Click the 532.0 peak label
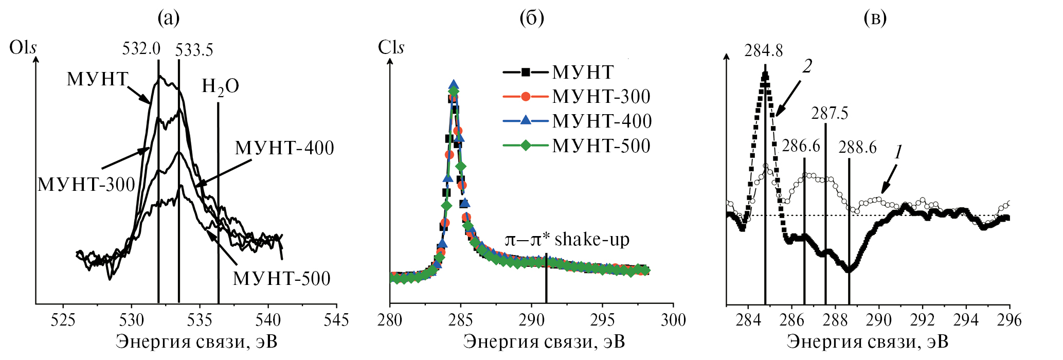[141, 49]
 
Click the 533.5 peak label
[194, 50]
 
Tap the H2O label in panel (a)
[220, 87]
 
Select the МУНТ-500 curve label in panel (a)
[281, 279]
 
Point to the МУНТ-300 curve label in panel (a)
[86, 185]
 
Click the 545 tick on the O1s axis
[336, 320]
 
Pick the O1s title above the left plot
[23, 48]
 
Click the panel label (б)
[531, 18]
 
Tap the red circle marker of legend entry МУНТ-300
[526, 97]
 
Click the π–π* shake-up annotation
[567, 240]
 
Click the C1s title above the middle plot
[391, 48]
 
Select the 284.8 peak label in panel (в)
[764, 50]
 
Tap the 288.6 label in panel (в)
[857, 148]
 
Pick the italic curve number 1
[898, 152]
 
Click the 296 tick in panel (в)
[1009, 320]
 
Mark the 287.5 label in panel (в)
[830, 113]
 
